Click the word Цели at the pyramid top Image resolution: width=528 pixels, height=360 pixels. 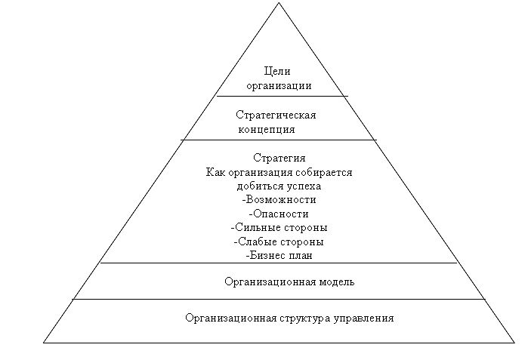(277, 72)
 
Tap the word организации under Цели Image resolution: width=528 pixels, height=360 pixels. (279, 86)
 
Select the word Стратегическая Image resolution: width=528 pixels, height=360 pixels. (276, 115)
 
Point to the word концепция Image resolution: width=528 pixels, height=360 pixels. (267, 130)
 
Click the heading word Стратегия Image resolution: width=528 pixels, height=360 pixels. (279, 158)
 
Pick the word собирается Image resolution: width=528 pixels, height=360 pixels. (324, 173)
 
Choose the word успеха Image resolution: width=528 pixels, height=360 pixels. (304, 186)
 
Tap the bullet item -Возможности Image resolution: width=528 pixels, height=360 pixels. (279, 199)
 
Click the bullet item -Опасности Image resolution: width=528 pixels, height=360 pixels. (279, 214)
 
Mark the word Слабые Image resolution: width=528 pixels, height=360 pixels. (256, 242)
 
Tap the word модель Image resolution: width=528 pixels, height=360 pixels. (336, 282)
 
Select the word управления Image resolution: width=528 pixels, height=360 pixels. (364, 318)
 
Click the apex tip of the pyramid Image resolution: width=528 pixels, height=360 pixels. (279, 3)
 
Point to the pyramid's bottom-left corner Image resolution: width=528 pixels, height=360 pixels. (44, 343)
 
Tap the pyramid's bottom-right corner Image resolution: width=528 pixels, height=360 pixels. (514, 343)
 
